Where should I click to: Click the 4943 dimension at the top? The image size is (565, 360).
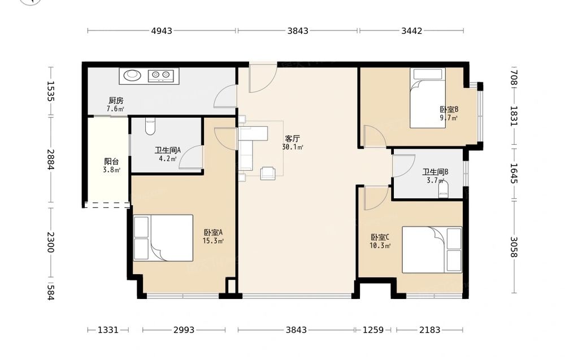pos(162,31)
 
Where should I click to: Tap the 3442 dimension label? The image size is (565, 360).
pos(411,31)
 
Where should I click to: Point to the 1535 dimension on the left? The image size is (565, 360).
pos(50,91)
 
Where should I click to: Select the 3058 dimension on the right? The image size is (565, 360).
pos(514,247)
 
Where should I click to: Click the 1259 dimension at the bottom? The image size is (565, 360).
pos(373,329)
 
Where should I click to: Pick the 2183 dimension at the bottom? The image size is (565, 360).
pos(429,329)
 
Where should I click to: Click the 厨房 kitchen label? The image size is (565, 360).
pos(116,101)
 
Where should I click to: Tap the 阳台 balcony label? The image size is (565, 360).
pos(111,162)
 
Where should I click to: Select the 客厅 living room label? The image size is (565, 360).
pos(292,138)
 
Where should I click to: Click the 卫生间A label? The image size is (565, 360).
pos(168,150)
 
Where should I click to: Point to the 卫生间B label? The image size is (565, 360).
pos(435,172)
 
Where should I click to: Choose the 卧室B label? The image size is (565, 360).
pos(449,109)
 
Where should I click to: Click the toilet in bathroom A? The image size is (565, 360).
pos(150,126)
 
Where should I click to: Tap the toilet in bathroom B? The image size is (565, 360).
pos(444,189)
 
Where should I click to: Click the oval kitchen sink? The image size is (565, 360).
pos(133,75)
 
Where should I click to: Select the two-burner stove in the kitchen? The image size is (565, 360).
pos(160,75)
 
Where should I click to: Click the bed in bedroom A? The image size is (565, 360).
pos(163,238)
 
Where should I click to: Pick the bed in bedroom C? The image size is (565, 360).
pos(432,250)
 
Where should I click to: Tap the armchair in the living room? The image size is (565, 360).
pos(268,173)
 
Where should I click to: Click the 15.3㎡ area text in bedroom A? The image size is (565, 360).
pos(213,241)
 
